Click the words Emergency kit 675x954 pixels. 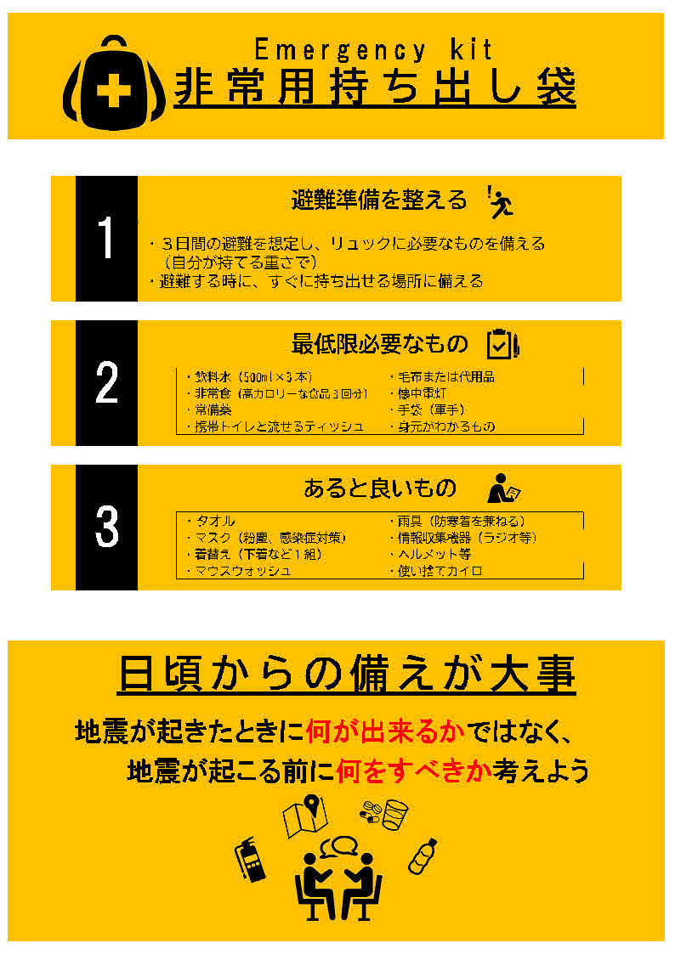click(373, 49)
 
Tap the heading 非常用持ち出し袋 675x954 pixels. click(375, 88)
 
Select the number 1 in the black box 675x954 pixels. click(106, 239)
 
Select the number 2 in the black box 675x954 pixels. click(106, 383)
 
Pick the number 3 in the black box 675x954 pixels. click(106, 528)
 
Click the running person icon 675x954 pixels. click(502, 201)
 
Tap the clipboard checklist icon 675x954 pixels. click(502, 343)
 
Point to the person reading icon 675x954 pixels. click(502, 488)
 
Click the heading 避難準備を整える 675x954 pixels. click(379, 200)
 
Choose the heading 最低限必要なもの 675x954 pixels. click(380, 344)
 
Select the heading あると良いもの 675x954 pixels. click(380, 488)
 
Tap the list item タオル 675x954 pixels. click(213, 521)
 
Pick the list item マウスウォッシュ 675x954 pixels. click(241, 571)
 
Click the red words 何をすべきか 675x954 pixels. click(414, 771)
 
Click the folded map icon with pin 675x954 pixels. click(307, 813)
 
